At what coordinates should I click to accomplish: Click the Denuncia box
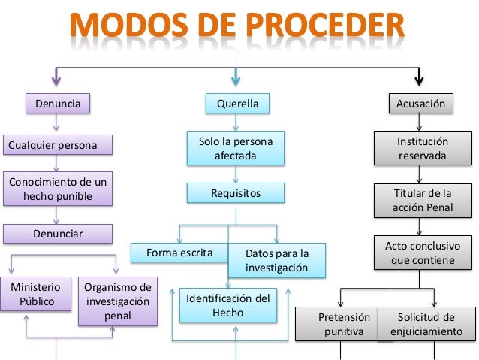click(x=58, y=103)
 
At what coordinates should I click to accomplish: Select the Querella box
click(x=237, y=104)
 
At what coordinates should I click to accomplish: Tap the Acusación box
click(x=420, y=104)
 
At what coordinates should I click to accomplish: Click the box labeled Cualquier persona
click(x=58, y=144)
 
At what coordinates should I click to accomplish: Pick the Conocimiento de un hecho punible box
click(x=58, y=189)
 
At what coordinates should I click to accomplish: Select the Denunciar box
click(x=58, y=234)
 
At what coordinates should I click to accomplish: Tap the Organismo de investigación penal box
click(x=117, y=301)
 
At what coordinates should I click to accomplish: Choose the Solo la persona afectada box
click(x=236, y=149)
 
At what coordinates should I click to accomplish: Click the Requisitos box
click(x=236, y=193)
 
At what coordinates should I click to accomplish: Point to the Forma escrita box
click(x=179, y=252)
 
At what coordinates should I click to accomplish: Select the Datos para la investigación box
click(x=276, y=260)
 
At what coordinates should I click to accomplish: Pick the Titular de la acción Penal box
click(x=423, y=201)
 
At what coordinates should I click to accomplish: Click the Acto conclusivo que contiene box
click(x=423, y=253)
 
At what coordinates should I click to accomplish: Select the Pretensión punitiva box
click(x=338, y=324)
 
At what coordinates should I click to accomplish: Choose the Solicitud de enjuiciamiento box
click(x=426, y=324)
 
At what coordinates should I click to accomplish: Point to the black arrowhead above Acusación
click(x=420, y=78)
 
